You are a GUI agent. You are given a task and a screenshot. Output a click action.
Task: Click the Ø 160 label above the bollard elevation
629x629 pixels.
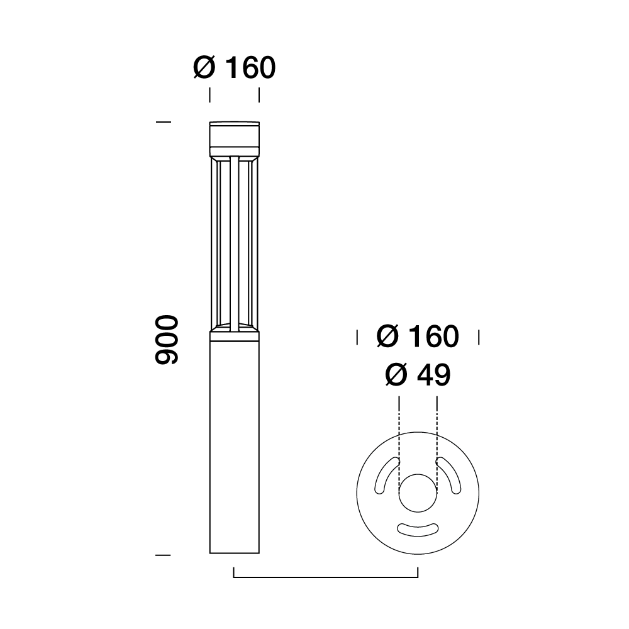[234, 68]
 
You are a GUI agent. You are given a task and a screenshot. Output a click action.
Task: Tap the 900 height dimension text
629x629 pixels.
[167, 340]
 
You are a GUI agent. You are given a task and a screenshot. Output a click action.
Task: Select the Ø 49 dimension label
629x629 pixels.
[418, 376]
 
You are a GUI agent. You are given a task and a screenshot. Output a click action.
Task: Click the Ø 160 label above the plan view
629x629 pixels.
[418, 337]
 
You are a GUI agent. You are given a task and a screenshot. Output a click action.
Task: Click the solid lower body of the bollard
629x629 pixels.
[234, 447]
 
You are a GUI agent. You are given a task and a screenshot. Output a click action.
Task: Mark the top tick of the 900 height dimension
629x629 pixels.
[163, 121]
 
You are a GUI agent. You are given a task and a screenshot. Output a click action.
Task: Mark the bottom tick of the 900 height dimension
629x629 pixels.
[163, 555]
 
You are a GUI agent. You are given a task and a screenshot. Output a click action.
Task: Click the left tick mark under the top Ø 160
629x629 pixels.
[209, 95]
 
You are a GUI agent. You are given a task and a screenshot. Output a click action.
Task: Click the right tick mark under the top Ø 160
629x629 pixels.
[259, 95]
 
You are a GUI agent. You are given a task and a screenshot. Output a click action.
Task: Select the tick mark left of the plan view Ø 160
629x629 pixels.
[357, 337]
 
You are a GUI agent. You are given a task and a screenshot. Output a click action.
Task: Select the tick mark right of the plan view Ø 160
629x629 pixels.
[479, 337]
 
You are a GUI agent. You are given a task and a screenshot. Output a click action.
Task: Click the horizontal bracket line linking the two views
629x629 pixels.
[326, 576]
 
